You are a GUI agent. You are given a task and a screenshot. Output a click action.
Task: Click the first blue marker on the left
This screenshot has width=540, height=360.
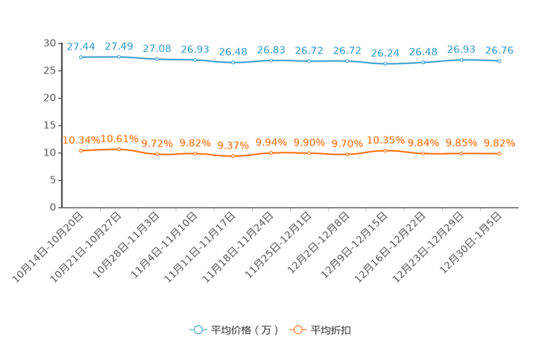[81, 57]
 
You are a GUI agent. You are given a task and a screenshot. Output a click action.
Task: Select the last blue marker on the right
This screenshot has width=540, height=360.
[499, 61]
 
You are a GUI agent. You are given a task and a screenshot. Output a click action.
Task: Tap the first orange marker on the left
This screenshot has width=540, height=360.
[81, 151]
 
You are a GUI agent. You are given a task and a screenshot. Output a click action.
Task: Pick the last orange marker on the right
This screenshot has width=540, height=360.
[499, 154]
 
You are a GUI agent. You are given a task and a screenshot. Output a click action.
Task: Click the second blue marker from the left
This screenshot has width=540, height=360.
[119, 57]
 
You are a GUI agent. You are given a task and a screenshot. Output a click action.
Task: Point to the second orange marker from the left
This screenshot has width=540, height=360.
[119, 150]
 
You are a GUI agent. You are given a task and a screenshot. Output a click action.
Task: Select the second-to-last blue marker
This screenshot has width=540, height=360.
[461, 60]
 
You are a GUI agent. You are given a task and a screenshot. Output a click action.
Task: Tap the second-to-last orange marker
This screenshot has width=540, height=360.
[461, 154]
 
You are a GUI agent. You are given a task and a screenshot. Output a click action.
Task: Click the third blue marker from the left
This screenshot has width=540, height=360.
[157, 59]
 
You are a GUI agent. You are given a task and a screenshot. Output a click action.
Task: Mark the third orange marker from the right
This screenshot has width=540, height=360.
[423, 153]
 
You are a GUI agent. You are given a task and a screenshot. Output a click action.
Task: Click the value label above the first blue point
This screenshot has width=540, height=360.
[81, 46]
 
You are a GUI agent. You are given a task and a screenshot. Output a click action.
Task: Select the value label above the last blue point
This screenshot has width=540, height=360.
[499, 50]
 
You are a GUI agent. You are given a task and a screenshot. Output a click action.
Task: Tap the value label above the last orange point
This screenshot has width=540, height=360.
[499, 143]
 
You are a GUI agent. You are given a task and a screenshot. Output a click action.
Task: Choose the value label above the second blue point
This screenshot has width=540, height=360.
[119, 46]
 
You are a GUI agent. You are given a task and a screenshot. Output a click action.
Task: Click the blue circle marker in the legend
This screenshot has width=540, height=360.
[197, 330]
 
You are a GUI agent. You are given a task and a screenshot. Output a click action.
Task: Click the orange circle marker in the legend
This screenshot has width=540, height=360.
[297, 330]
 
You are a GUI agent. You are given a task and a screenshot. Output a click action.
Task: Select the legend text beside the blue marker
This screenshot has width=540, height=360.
[245, 330]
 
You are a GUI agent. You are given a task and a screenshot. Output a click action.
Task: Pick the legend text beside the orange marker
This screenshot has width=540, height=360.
[331, 330]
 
